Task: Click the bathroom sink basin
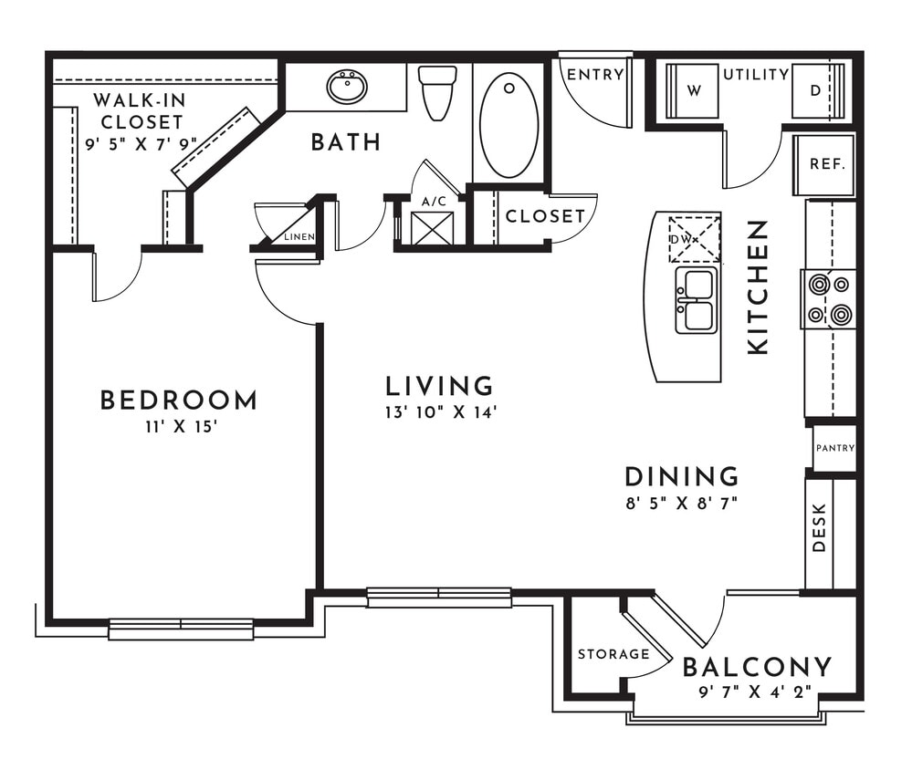point(347,88)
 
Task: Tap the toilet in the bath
point(438,92)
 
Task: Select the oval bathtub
point(508,125)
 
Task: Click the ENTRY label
point(595,75)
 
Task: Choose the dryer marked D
point(815,91)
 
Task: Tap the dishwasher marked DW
point(694,239)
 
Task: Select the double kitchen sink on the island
point(696,301)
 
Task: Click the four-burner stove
point(829,299)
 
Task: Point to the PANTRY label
point(834,448)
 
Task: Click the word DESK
point(819,528)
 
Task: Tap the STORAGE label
point(613,654)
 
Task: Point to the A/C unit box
point(432,227)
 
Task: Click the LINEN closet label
point(299,236)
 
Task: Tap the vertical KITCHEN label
point(759,286)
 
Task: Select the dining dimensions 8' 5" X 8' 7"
point(681,503)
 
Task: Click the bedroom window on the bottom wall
point(181,629)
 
